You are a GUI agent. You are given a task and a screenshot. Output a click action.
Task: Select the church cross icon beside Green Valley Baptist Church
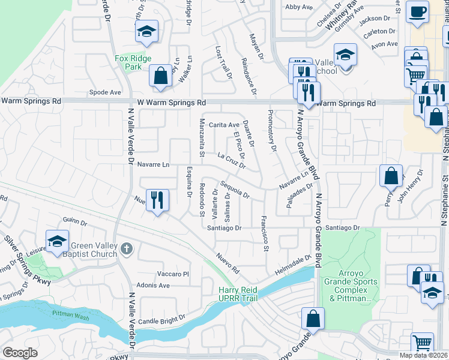126,248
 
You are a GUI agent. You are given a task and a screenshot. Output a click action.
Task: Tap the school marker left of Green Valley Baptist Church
57,241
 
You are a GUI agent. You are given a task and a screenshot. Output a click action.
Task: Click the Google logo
20,353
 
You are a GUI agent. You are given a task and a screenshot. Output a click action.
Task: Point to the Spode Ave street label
105,92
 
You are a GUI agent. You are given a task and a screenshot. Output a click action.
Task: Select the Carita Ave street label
224,125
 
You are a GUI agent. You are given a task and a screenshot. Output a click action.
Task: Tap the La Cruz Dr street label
232,160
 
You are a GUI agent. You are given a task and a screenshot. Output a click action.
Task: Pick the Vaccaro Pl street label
173,274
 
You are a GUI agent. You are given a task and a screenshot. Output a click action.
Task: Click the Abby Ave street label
299,7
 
